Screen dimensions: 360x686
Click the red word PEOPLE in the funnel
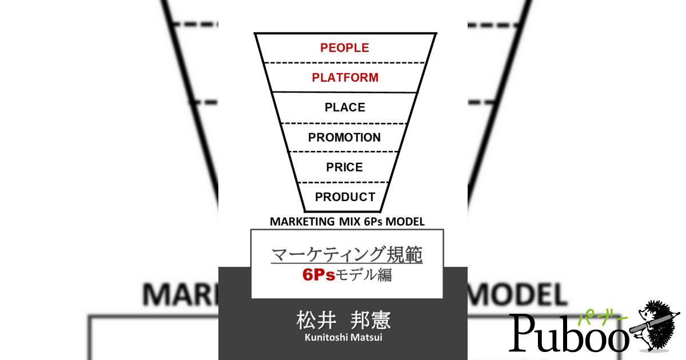[x=345, y=48]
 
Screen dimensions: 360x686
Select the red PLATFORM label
[x=345, y=78]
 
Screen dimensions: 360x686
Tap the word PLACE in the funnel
[x=345, y=107]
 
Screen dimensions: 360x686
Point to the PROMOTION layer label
[x=344, y=138]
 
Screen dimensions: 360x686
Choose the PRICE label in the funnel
[x=344, y=167]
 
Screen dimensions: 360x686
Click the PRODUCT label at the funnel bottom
[x=345, y=197]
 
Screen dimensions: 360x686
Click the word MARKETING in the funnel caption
[x=302, y=222]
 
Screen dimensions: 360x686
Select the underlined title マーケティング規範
[x=347, y=254]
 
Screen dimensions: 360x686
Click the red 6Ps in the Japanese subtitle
[x=318, y=275]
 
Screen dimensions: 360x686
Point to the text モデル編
[x=364, y=275]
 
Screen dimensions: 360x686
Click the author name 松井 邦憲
[x=344, y=321]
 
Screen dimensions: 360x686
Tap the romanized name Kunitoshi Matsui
[x=343, y=337]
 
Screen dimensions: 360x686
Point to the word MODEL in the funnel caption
[x=405, y=222]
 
